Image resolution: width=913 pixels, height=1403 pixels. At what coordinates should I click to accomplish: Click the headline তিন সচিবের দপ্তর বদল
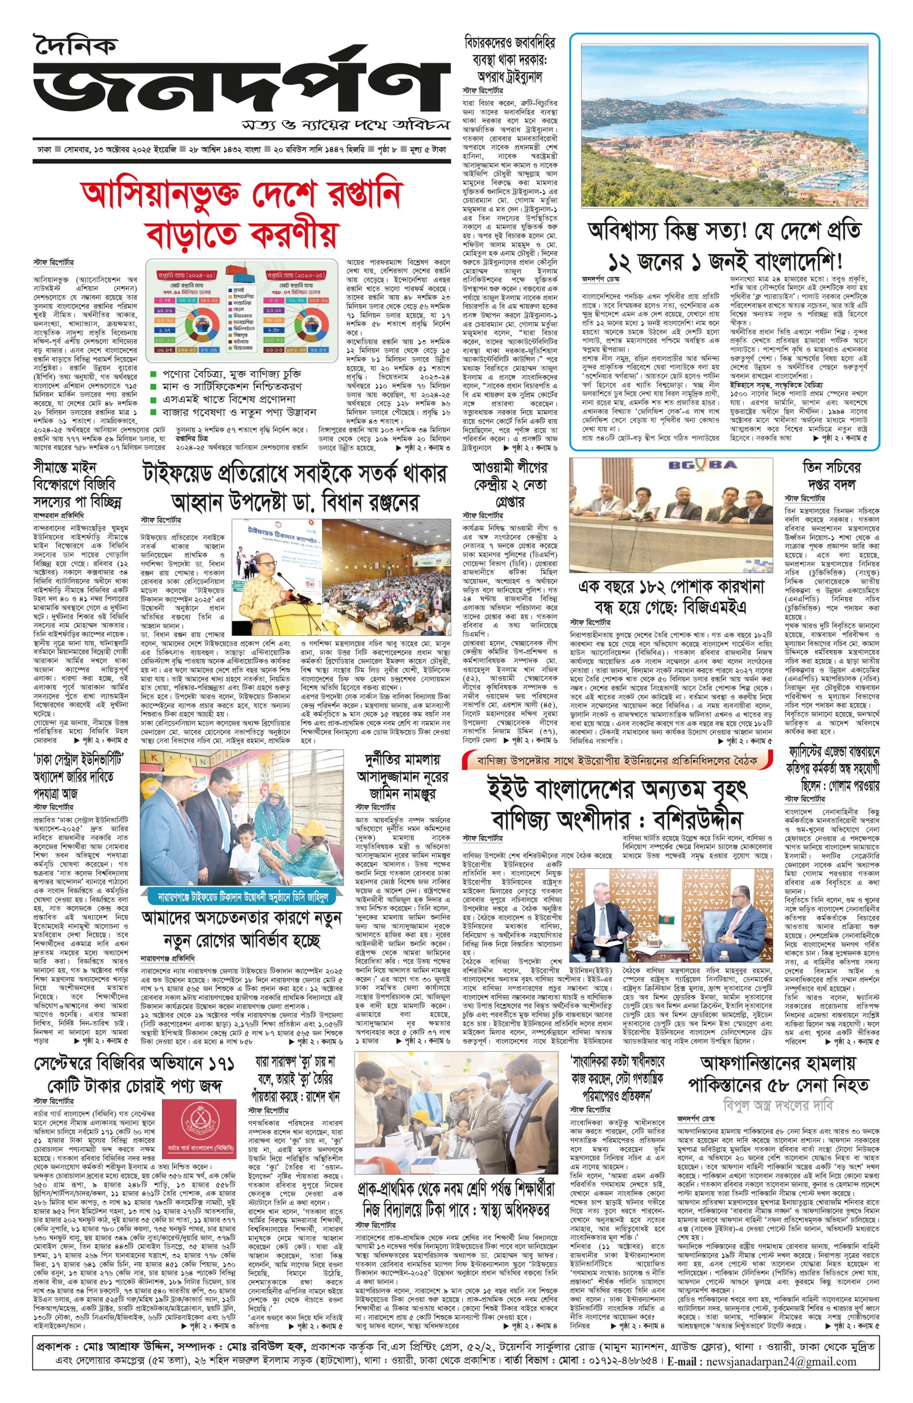click(x=831, y=476)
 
